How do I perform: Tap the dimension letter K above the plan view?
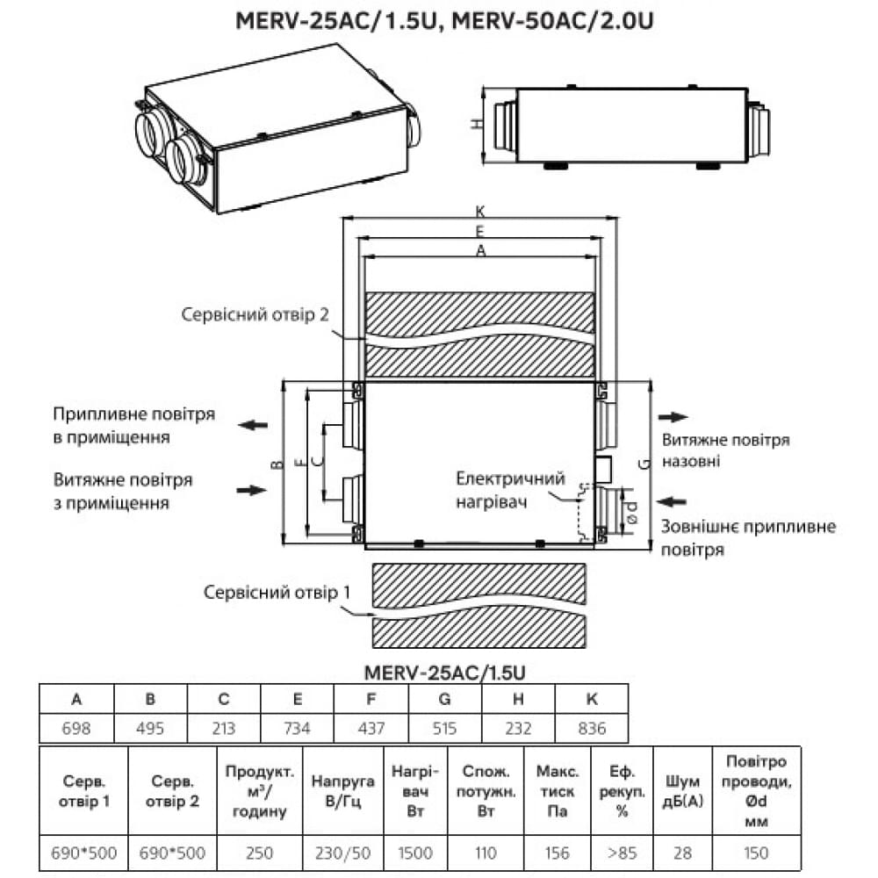(x=479, y=212)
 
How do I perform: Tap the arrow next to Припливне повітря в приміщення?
(x=253, y=425)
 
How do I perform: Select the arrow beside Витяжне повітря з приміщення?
(x=253, y=489)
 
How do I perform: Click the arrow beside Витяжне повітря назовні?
(x=673, y=418)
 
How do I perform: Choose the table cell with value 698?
(x=76, y=729)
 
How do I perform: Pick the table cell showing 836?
(x=593, y=729)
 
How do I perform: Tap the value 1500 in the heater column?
(x=415, y=853)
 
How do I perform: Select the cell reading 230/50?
(x=342, y=853)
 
